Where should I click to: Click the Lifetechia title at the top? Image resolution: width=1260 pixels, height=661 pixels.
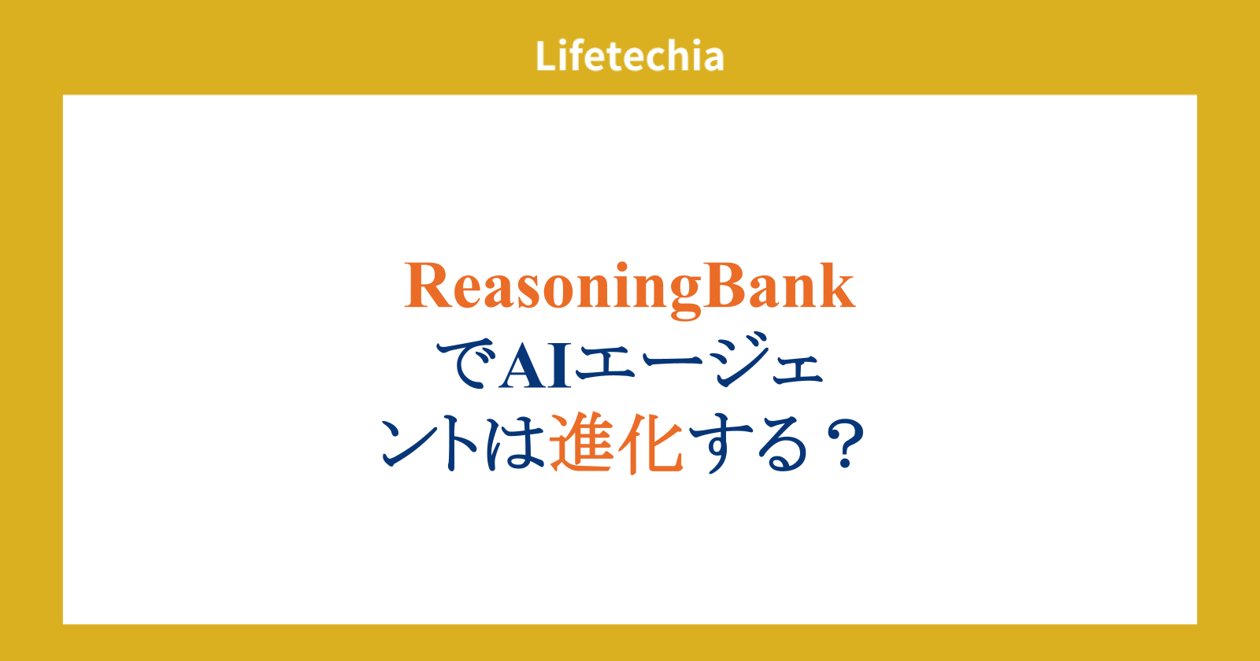[x=629, y=56]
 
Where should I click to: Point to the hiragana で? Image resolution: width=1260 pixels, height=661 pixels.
[x=466, y=364]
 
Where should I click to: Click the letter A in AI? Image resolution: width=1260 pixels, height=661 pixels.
[x=523, y=366]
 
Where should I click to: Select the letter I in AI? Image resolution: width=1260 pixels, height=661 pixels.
[x=559, y=366]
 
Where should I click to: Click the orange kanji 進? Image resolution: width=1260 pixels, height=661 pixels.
[x=582, y=443]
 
